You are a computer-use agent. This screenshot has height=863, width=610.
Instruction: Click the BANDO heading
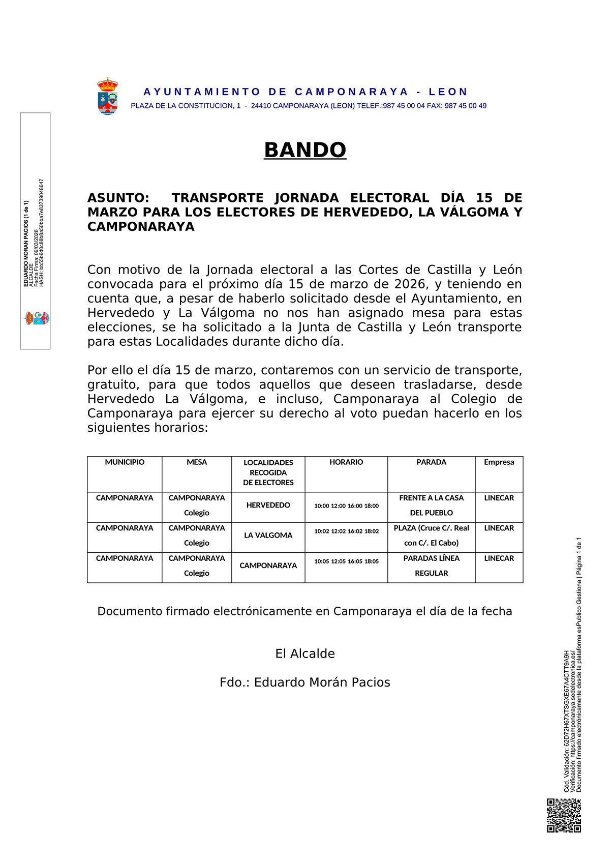pyautogui.click(x=305, y=150)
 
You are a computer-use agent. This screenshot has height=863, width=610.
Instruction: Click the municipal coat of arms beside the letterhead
pyautogui.click(x=108, y=96)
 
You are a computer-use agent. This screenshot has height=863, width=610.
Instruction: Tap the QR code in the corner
pyautogui.click(x=564, y=815)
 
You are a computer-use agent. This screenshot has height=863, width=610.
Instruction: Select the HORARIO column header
pyautogui.click(x=346, y=462)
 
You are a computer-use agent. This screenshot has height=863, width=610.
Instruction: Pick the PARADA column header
pyautogui.click(x=431, y=462)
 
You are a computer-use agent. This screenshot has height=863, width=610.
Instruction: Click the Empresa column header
pyautogui.click(x=499, y=462)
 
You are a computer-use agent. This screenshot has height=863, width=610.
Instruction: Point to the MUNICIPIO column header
pyautogui.click(x=125, y=462)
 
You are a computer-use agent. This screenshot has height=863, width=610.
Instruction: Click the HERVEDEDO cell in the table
pyautogui.click(x=268, y=505)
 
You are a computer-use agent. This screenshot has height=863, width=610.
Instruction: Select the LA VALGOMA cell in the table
pyautogui.click(x=268, y=535)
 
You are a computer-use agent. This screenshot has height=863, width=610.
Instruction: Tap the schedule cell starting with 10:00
pyautogui.click(x=346, y=506)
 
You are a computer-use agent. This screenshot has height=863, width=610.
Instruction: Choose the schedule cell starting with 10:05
pyautogui.click(x=346, y=561)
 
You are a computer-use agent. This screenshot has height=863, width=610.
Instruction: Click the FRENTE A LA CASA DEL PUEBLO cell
pyautogui.click(x=431, y=505)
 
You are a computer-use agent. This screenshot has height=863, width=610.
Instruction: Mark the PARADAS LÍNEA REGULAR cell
pyautogui.click(x=431, y=566)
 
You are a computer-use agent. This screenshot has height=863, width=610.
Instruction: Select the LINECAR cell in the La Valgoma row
pyautogui.click(x=499, y=528)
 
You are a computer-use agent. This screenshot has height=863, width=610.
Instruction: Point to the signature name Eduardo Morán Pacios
pyautogui.click(x=322, y=682)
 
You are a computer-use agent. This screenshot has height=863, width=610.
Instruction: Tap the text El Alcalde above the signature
pyautogui.click(x=305, y=654)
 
